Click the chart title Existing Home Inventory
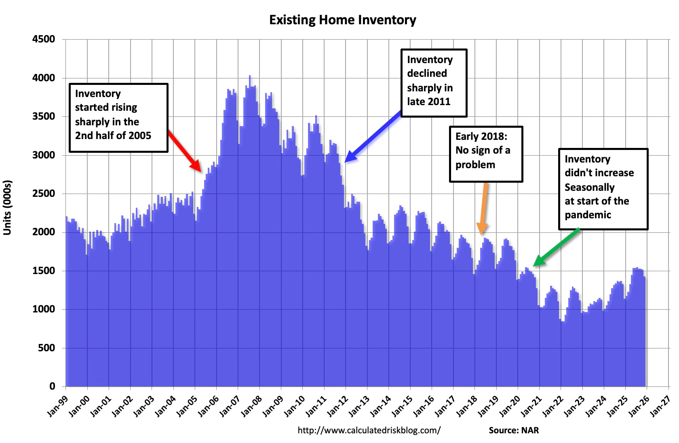342,20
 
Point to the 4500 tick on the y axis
44,40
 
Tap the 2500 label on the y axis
44,194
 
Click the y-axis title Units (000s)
8,208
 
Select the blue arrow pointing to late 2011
373,138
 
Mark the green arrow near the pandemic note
557,247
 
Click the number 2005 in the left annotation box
140,135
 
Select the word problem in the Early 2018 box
475,165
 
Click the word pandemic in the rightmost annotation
588,215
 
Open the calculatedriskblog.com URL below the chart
369,430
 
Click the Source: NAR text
514,430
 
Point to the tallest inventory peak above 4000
249,76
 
